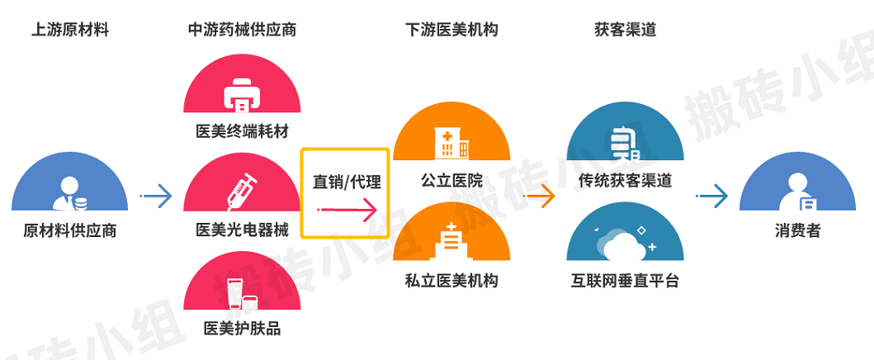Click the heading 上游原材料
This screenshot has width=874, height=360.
70,31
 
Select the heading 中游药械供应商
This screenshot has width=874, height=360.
242,31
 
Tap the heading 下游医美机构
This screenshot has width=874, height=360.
451,31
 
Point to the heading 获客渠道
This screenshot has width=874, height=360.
626,31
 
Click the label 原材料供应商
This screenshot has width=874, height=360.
70,230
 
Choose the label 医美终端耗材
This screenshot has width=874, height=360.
242,132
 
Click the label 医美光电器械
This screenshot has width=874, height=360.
242,230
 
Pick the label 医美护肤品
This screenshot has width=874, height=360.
242,329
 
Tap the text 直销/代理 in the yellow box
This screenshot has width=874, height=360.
345,182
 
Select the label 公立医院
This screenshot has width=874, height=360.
451,181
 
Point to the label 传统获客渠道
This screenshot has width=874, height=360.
625,181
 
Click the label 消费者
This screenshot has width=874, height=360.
797,230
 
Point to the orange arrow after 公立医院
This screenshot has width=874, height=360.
540,197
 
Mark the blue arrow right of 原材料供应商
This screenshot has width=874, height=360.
156,197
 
